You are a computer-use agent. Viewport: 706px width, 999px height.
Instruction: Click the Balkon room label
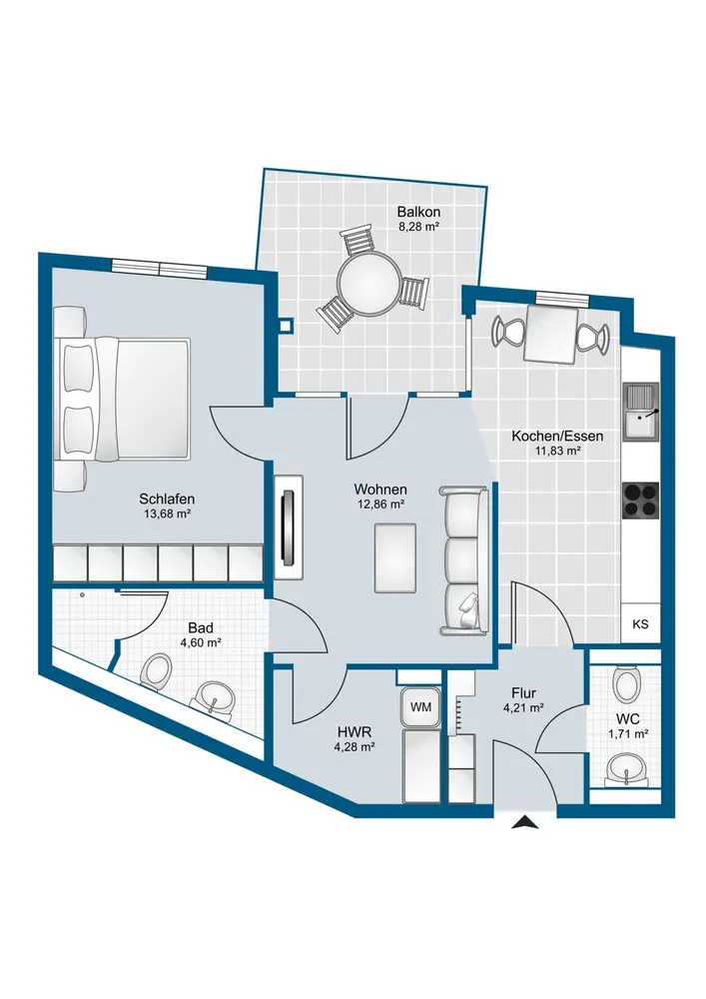click(418, 212)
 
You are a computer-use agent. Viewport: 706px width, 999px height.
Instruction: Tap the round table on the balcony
click(367, 284)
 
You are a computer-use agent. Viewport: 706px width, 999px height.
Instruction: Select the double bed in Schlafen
click(124, 399)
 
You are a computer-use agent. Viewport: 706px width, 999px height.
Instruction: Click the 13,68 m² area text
click(166, 514)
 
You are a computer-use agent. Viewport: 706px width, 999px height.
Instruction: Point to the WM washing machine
click(420, 707)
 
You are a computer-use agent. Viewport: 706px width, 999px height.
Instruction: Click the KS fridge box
click(640, 623)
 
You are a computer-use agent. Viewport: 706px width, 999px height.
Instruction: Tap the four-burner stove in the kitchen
click(640, 499)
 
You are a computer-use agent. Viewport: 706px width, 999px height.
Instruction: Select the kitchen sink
click(641, 412)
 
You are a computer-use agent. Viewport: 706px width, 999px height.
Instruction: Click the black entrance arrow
click(525, 822)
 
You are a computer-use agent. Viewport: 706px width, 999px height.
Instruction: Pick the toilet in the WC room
click(625, 682)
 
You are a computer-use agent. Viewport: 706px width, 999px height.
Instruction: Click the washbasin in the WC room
click(625, 769)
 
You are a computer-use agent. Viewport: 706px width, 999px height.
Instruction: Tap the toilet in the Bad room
click(157, 672)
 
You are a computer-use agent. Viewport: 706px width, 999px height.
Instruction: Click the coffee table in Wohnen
click(395, 557)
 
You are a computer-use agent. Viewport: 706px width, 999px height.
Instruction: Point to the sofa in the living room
click(464, 561)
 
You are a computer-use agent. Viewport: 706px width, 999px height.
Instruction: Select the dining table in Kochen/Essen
click(551, 335)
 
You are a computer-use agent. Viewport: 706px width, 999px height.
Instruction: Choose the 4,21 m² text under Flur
click(522, 706)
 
